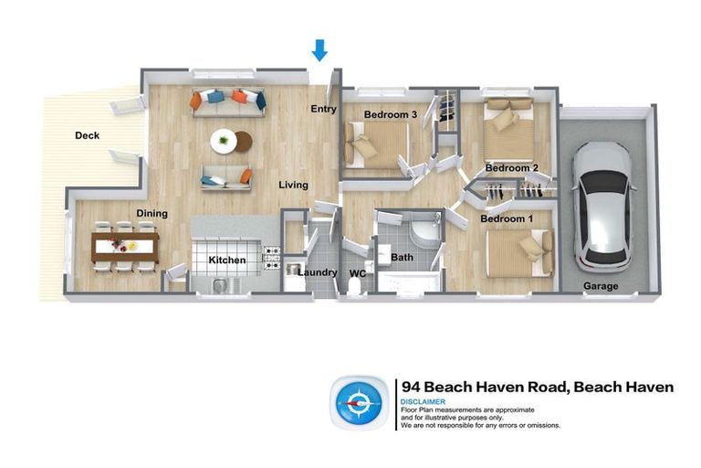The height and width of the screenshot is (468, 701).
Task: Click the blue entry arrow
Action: click(x=319, y=50)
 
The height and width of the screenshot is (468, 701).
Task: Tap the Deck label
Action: click(x=87, y=136)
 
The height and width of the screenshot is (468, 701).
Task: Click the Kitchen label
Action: click(x=226, y=261)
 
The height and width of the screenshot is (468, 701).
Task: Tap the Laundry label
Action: click(x=317, y=271)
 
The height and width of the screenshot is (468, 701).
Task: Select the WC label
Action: click(x=357, y=272)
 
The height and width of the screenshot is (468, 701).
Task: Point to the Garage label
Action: click(x=601, y=286)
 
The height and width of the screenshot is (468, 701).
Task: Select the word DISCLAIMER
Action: click(x=423, y=401)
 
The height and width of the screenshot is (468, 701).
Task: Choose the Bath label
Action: click(x=403, y=258)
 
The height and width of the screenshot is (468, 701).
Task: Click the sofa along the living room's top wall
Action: click(x=227, y=99)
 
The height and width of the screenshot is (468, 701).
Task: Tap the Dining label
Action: click(x=152, y=214)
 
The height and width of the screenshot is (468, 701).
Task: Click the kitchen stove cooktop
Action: click(x=271, y=257)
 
